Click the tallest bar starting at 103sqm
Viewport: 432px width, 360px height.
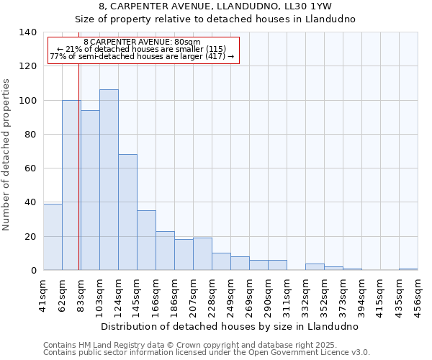click(109, 180)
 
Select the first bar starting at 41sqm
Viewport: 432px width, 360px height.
click(53, 237)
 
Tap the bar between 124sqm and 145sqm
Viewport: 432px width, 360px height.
click(127, 212)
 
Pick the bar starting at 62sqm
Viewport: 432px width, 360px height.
click(71, 185)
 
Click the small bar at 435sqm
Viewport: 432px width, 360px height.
click(408, 269)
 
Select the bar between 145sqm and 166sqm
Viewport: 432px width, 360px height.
click(146, 240)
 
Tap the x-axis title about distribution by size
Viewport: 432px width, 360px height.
click(230, 326)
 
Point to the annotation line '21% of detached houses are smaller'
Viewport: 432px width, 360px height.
click(142, 49)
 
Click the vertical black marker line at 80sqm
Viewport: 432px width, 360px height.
click(78, 180)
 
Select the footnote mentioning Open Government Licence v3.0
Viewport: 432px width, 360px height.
click(207, 353)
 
